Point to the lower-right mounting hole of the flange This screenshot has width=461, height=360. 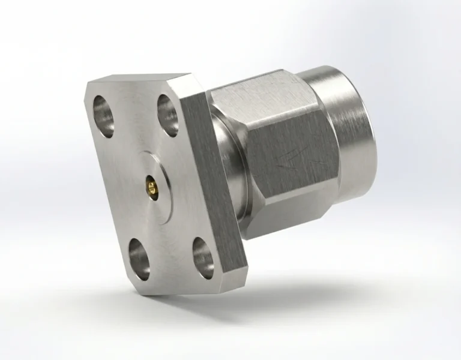[203, 256]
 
